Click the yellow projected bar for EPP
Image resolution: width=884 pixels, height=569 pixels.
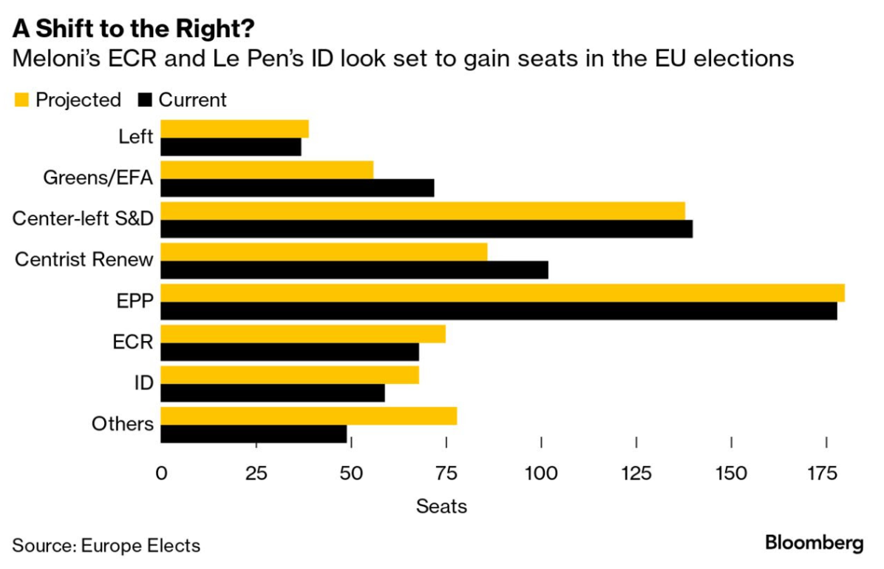point(503,293)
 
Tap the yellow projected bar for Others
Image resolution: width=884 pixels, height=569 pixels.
point(308,416)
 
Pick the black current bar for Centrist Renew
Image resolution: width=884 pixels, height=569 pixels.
point(354,270)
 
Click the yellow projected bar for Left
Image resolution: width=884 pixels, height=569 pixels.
point(234,129)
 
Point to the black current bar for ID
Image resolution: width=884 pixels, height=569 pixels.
point(272,393)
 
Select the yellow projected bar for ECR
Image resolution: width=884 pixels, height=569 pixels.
point(303,334)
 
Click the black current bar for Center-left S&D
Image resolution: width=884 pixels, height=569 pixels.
point(426,229)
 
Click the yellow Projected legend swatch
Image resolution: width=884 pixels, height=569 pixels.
point(21,100)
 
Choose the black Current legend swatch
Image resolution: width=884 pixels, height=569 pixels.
point(144,100)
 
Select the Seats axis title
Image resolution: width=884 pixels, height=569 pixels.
point(441,507)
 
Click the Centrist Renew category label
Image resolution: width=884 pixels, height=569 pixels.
point(84,260)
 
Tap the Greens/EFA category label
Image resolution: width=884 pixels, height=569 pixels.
point(98,178)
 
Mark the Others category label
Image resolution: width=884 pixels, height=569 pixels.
point(123,424)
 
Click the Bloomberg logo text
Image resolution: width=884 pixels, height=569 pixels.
point(814,543)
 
